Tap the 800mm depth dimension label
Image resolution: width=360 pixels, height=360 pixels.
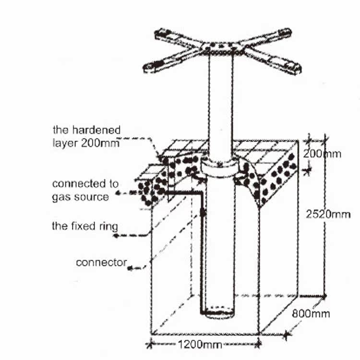coord(311,314)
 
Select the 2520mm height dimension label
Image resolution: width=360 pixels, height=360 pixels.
coord(328,214)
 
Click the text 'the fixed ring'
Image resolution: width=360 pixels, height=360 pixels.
coord(84,226)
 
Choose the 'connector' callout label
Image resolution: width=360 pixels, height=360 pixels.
coord(101,263)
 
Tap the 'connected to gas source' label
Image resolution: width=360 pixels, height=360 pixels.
coord(85,190)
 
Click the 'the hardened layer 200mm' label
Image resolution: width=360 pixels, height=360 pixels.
coord(86,136)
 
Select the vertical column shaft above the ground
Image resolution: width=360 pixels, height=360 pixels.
coord(220,106)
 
